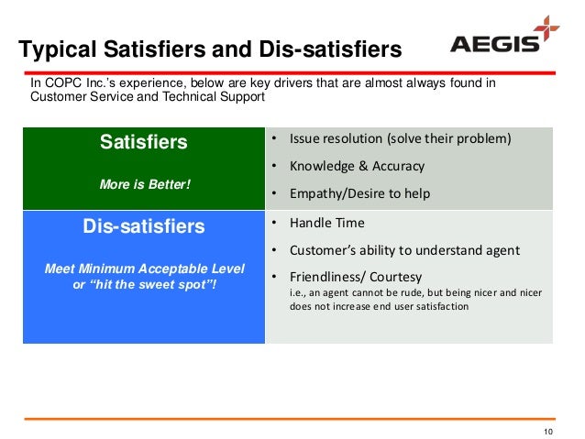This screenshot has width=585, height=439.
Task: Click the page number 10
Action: coord(549,432)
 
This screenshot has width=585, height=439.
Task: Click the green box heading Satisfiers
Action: coord(143,142)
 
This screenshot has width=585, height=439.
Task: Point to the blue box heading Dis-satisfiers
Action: coord(144,225)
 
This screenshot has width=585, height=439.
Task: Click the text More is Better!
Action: coord(143,184)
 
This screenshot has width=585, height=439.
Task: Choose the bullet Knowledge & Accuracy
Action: coord(357,166)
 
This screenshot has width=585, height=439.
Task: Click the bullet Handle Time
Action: coord(326,222)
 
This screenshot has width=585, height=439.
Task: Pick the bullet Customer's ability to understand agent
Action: coord(404,249)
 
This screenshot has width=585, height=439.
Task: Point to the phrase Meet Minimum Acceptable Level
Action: coord(145,269)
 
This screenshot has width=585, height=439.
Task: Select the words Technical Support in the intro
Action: coord(215,96)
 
